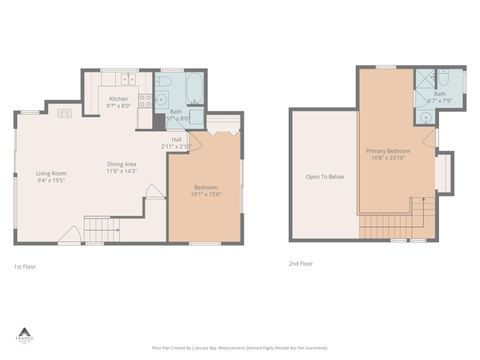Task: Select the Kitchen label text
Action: coord(119,99)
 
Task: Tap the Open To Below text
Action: coord(325,177)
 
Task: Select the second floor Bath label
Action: coord(440,94)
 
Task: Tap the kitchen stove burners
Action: coord(145,99)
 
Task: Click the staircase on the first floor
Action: coord(101,231)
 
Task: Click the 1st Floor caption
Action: coord(24,266)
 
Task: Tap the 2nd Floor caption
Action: coord(300,264)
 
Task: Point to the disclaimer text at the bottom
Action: coord(239,347)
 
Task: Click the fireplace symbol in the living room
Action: coord(65,114)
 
